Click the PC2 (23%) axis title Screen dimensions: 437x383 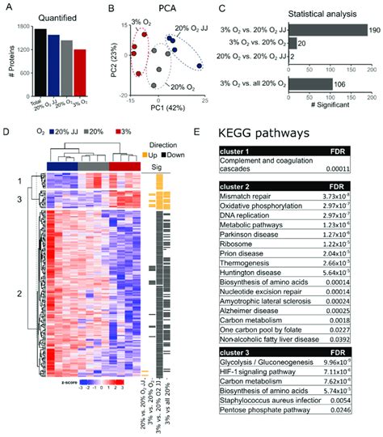119,60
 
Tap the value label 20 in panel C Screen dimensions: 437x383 301,43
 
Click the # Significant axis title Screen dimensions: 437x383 329,110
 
